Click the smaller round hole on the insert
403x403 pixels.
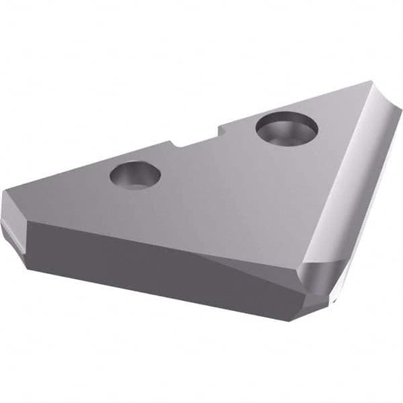135,175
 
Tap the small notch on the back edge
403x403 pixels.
176,142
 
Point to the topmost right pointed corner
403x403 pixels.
369,83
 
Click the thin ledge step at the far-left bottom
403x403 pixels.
13,232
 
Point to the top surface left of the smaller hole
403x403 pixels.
74,191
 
